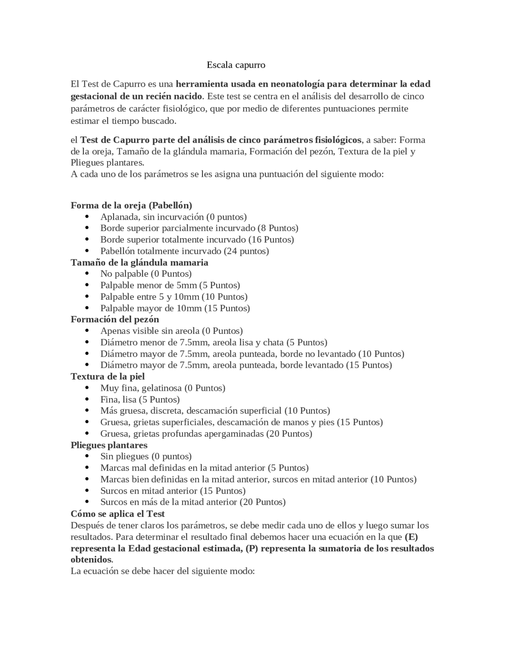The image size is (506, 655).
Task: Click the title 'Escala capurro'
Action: [236, 65]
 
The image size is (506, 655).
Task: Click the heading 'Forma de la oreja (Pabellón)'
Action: [131, 205]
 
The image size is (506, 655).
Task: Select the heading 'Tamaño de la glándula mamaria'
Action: [139, 263]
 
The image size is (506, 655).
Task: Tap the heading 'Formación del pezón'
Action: [115, 319]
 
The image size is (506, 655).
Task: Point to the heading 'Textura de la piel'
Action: [108, 377]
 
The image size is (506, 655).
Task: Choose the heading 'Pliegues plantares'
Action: [109, 445]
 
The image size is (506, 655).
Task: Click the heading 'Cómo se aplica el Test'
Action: [117, 514]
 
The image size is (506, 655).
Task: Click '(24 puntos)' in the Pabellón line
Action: [246, 251]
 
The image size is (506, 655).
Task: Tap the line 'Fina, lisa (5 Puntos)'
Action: [140, 399]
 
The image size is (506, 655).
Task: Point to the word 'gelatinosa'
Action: [162, 388]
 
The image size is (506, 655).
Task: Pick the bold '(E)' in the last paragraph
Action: [412, 537]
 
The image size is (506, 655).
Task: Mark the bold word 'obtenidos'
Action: [91, 560]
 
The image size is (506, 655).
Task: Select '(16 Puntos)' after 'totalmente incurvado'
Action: [271, 240]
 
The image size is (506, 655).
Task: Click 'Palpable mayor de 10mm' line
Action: [175, 308]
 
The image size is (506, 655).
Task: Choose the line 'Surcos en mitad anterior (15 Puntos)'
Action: [173, 491]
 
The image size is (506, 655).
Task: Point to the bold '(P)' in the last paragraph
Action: [251, 549]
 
